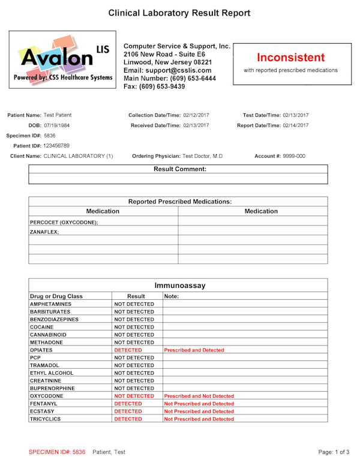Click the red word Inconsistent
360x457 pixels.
tap(290, 58)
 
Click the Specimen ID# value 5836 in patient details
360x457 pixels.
tap(50, 136)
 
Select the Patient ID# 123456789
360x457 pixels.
tap(53, 146)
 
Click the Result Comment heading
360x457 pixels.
tap(180, 169)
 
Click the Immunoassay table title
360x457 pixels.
tap(179, 285)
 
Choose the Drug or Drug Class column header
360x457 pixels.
tap(56, 296)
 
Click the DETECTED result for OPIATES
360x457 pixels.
tap(128, 350)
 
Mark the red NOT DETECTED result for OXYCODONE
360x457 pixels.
tap(134, 396)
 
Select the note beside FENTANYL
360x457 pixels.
tap(199, 404)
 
